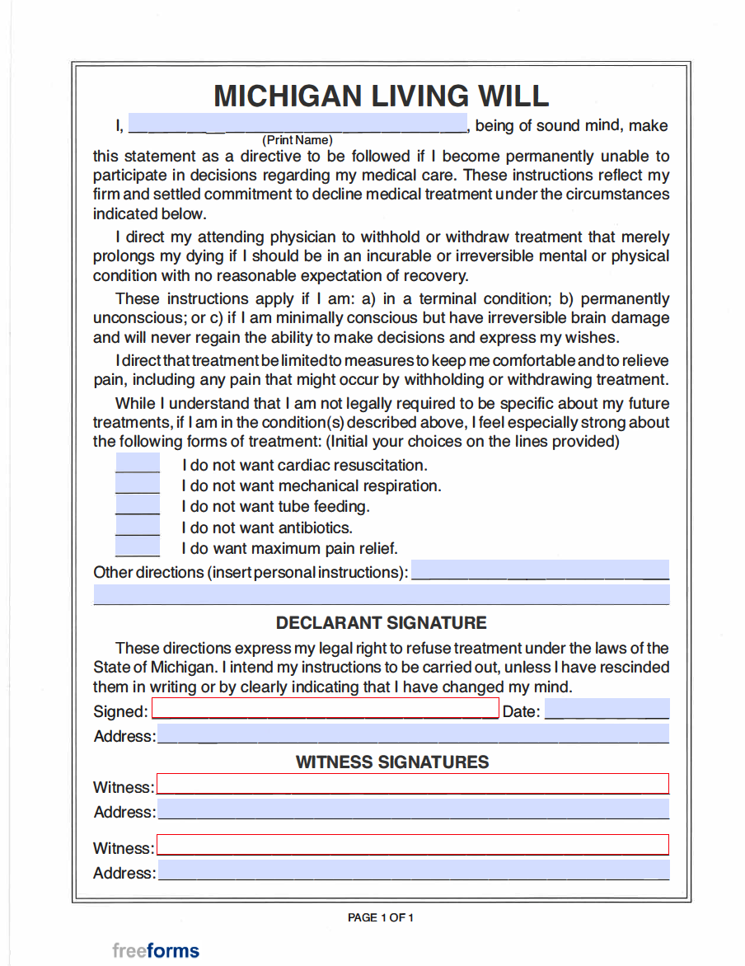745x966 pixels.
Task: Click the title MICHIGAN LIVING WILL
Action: click(x=381, y=96)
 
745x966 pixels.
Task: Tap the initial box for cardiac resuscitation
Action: click(x=138, y=464)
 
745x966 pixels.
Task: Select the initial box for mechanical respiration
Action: click(x=138, y=485)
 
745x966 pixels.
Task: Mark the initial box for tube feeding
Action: click(x=138, y=505)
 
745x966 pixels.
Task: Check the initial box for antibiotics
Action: click(x=138, y=526)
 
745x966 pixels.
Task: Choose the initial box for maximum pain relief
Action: click(x=138, y=546)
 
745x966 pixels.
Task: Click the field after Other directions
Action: click(x=540, y=570)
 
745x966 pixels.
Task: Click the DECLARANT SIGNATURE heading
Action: click(x=381, y=622)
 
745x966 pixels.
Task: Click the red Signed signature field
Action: click(x=326, y=709)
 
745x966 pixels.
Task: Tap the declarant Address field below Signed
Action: click(x=413, y=734)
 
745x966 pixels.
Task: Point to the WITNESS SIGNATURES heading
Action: click(x=392, y=762)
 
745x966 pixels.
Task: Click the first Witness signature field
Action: click(x=413, y=784)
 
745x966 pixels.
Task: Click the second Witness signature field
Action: click(x=413, y=845)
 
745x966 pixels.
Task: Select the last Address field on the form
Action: click(x=413, y=870)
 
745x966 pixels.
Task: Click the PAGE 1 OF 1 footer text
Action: click(x=381, y=917)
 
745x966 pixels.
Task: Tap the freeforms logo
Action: click(x=156, y=950)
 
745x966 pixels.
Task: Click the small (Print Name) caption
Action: click(x=298, y=140)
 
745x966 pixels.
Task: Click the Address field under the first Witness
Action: click(x=413, y=809)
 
